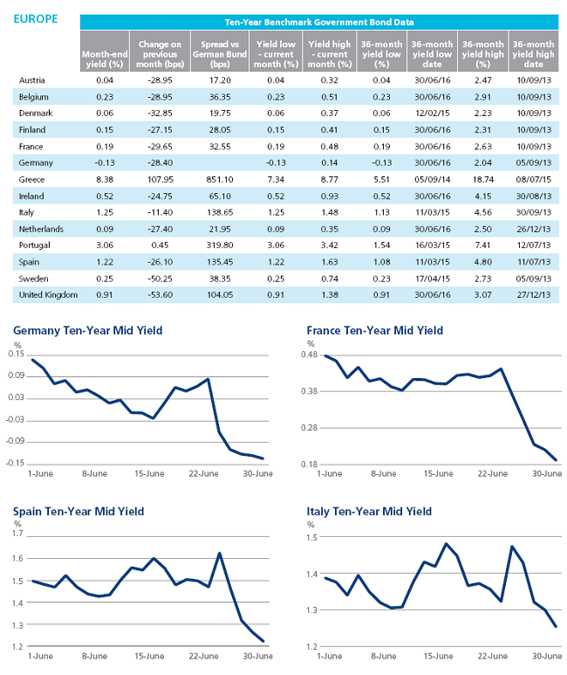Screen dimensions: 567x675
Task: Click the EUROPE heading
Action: pos(36,19)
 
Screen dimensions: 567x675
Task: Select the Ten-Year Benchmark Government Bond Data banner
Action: pos(319,22)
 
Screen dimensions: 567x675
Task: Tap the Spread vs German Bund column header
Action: pos(220,54)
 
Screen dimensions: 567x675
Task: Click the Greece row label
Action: pos(31,180)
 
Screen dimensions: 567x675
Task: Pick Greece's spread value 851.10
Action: pos(220,180)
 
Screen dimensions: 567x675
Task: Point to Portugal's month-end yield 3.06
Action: pos(105,245)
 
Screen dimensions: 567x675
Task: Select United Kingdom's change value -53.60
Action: pos(160,295)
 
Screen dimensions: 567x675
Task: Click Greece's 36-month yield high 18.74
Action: pos(482,180)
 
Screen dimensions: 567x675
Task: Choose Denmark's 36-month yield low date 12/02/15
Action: pos(433,114)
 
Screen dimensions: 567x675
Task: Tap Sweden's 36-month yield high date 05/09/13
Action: pos(534,279)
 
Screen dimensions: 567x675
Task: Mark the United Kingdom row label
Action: pos(48,295)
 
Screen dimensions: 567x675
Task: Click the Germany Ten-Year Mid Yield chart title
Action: pos(88,331)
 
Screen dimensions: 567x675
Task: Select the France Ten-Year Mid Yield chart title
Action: pos(375,331)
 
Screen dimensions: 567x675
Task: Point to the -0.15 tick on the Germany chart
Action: pos(15,463)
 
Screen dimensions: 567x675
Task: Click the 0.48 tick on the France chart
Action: pos(310,355)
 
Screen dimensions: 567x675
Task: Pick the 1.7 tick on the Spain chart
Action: pos(17,534)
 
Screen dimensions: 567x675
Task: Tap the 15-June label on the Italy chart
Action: pos(439,656)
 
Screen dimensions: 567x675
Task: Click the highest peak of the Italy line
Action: pos(446,544)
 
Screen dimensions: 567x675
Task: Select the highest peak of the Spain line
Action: pos(220,553)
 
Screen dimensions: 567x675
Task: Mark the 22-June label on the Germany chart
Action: pos(203,473)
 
